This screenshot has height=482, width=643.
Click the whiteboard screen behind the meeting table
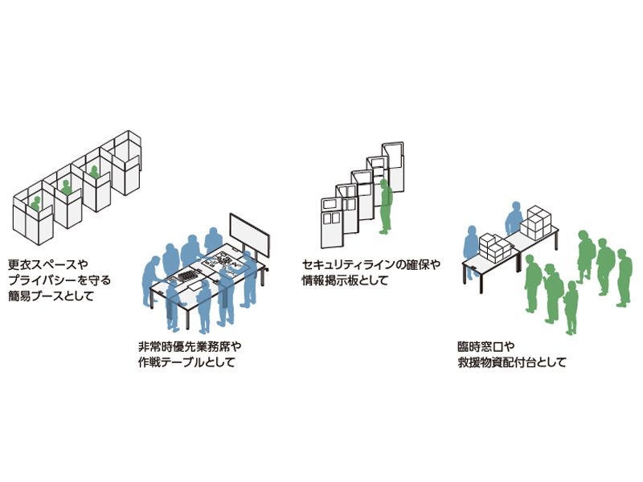pos(249,235)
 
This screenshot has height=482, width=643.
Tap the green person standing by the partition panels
pos(386,206)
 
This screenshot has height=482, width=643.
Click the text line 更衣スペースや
pos(48,264)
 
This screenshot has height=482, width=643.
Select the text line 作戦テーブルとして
pos(186,362)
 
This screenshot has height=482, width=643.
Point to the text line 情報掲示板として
pos(345,280)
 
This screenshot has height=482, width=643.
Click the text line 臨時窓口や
pos(486,347)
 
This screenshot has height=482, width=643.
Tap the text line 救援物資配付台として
pos(512,362)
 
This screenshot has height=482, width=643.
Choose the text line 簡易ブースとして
pos(51,296)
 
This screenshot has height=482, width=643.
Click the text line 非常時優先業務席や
pos(190,347)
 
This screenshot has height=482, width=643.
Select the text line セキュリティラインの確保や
pos(371,265)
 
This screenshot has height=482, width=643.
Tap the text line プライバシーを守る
pos(59,280)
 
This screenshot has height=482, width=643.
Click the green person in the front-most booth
pos(36,204)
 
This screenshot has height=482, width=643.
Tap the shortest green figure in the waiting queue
pos(571,308)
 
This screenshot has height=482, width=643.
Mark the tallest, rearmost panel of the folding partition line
pos(393,166)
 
